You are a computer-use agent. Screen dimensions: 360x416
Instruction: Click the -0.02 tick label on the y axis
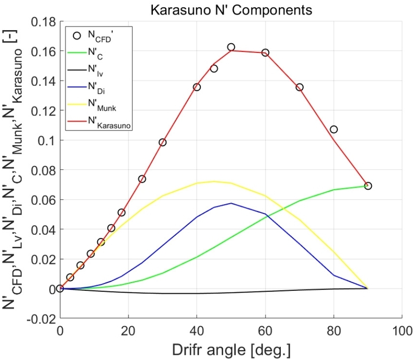coord(41,318)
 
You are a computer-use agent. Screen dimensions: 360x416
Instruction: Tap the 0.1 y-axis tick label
coord(47,141)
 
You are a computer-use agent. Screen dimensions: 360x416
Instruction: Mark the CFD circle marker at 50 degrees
coord(231,47)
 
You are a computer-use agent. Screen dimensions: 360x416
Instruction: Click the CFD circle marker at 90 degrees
coord(368,186)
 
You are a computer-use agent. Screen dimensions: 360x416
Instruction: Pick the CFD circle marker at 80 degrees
coord(334,129)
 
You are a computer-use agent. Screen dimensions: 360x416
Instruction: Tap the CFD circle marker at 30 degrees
coord(162,142)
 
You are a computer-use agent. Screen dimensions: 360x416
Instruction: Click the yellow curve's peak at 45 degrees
coord(214,181)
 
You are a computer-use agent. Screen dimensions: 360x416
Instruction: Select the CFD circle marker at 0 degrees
coord(60,288)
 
